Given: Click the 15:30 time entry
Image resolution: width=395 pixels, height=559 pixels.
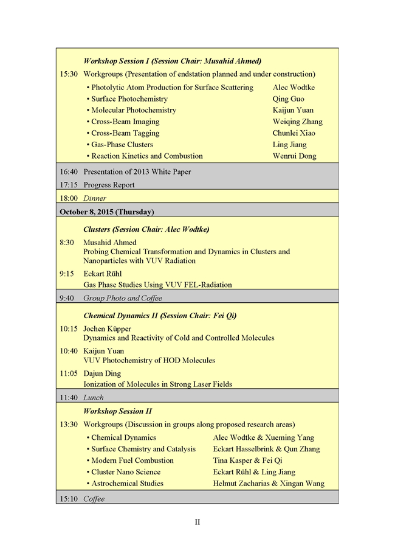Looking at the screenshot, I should click(68, 74).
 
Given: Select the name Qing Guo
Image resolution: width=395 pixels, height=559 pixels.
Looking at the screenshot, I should click(289, 99).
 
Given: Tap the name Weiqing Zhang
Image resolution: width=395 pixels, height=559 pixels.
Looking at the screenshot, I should click(298, 122).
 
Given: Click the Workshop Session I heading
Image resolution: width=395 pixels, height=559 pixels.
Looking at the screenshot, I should click(172, 61).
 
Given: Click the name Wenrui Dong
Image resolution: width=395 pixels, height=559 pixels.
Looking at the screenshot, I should click(294, 156).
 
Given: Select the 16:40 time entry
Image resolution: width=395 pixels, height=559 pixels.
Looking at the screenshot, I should click(68, 172).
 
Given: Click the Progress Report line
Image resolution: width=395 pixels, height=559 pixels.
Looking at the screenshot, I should click(109, 185).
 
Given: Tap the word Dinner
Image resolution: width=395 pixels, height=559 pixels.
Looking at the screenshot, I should click(95, 198).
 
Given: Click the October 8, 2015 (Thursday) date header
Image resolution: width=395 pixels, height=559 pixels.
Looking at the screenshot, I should click(106, 212).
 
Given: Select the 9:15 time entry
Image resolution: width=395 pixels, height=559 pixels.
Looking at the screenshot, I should click(67, 274).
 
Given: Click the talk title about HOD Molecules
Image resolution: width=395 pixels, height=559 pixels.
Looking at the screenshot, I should click(149, 360).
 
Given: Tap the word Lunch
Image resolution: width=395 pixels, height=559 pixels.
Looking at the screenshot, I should click(94, 398).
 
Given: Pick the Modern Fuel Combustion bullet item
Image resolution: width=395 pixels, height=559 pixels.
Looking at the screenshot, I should click(132, 460).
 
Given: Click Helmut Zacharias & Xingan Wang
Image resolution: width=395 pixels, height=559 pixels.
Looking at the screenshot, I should click(269, 484).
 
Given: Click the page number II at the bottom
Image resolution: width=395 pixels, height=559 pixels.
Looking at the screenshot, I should click(197, 522).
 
